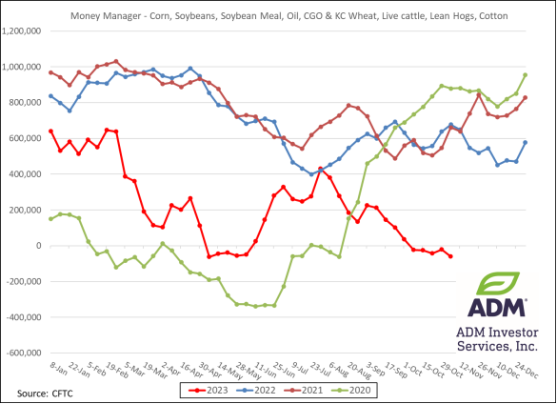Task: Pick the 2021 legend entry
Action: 311,390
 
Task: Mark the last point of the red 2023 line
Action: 450,256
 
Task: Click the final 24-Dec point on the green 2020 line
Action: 525,75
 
